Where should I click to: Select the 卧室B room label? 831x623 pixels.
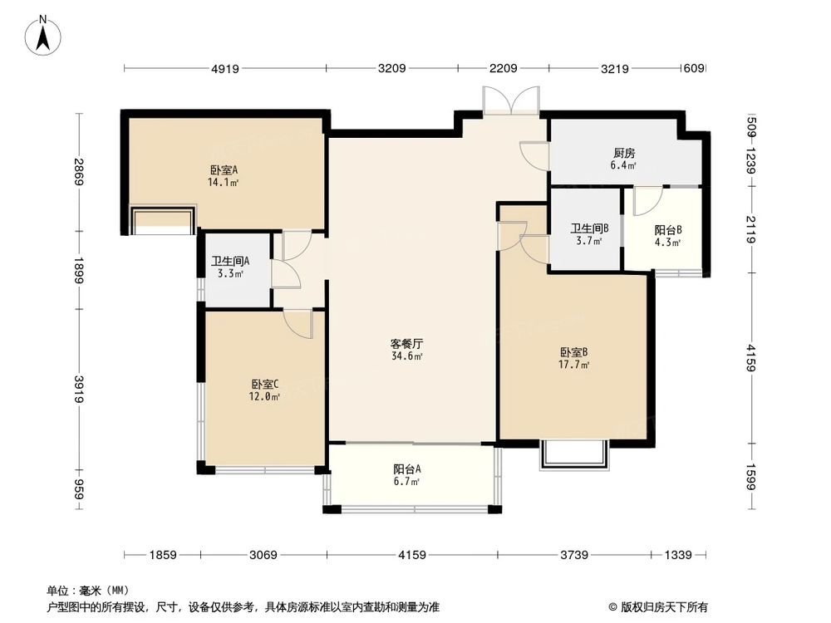[574, 352]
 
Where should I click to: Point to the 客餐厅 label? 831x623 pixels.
[406, 343]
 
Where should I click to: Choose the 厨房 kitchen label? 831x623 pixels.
[625, 153]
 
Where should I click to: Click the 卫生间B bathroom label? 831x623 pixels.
[589, 228]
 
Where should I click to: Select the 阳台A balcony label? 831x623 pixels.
[406, 468]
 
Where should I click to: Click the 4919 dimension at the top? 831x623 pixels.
[225, 69]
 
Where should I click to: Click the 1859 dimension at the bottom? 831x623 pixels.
[162, 555]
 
